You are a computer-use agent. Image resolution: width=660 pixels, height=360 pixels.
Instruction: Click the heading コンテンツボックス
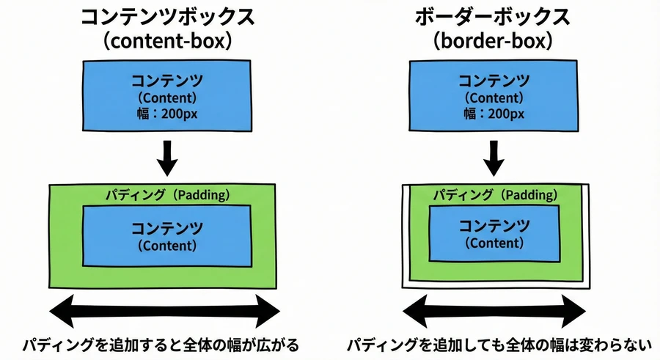168,16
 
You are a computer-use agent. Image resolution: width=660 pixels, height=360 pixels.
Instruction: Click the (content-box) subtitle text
168,41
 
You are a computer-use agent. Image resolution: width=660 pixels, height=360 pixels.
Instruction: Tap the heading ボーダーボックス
494,16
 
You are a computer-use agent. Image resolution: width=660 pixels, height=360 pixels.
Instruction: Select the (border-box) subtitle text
494,41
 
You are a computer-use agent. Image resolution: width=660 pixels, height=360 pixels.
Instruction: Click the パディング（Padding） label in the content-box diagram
168,195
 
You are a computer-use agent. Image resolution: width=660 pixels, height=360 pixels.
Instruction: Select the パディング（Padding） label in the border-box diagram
494,195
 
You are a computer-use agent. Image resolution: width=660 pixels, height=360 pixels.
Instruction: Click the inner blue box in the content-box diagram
168,235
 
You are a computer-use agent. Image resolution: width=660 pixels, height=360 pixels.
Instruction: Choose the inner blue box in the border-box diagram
494,233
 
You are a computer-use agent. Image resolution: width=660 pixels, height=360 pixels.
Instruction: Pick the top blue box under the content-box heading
168,96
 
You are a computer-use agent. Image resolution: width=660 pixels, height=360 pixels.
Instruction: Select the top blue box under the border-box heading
494,96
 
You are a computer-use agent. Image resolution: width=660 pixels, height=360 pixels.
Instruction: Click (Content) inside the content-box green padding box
168,246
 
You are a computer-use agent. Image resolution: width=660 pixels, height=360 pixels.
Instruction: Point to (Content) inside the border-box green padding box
494,243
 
